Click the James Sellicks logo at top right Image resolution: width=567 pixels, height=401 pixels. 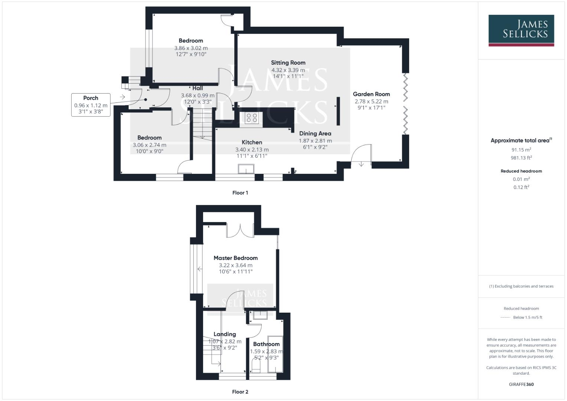[521, 30]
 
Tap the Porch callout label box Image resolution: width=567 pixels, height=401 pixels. [91, 105]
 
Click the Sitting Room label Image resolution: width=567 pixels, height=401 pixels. [288, 63]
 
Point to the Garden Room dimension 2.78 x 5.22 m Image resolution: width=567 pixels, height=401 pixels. [371, 101]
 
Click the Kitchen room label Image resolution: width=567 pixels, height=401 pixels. [252, 142]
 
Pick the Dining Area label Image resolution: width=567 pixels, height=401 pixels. [315, 133]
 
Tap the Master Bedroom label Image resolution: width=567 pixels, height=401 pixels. [235, 258]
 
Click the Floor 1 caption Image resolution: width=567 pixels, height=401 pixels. [240, 193]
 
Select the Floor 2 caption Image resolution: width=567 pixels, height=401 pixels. [240, 392]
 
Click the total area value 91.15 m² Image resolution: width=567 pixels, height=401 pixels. [521, 150]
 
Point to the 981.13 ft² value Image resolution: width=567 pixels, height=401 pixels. [521, 157]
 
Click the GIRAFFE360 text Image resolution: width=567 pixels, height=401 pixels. [521, 384]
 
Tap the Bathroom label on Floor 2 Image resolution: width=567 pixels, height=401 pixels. [266, 344]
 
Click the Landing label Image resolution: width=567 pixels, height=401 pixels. [225, 334]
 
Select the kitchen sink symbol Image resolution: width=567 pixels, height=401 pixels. [246, 170]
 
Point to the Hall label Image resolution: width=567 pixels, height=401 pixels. [198, 88]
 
